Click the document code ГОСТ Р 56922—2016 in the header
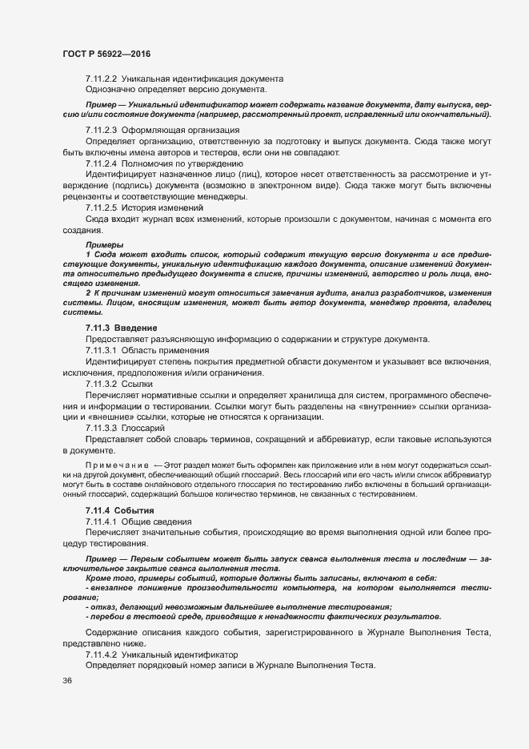point(106,54)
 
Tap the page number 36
point(67,680)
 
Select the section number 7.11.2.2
point(102,79)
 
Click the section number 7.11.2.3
point(102,130)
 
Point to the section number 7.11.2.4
point(102,163)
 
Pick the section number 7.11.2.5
point(102,207)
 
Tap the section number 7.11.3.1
point(102,350)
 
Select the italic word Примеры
point(104,244)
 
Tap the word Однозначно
point(110,90)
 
